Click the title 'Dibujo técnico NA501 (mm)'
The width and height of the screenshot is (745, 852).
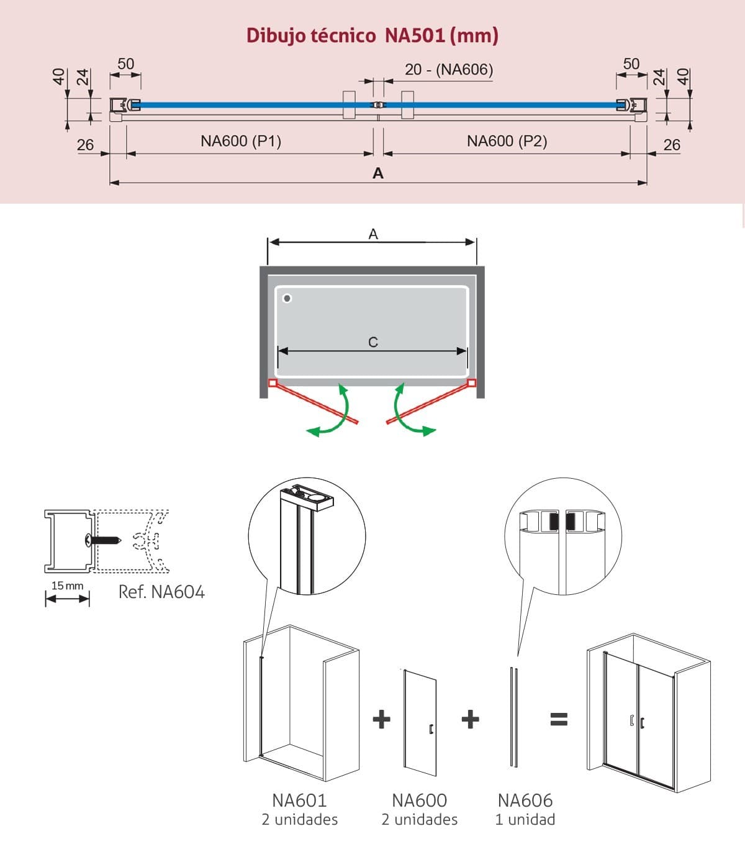(372, 36)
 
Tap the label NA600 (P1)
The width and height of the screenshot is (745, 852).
(241, 141)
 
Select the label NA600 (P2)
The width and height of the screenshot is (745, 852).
(507, 141)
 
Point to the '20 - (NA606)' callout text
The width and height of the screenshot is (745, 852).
(449, 70)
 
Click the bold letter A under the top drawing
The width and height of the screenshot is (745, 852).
(378, 173)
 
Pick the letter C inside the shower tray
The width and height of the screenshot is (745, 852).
(373, 342)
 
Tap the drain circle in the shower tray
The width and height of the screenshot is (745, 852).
(287, 298)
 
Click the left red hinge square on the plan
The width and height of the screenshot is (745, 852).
(273, 383)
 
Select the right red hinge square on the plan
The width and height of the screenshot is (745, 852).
(472, 383)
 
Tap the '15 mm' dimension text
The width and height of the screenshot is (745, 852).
(68, 586)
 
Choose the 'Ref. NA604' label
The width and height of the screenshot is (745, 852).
(161, 592)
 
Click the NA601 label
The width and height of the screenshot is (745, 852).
(299, 800)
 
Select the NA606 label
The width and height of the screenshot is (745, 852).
(525, 800)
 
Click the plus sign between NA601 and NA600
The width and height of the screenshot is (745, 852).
(382, 720)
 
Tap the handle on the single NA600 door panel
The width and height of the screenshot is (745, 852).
(431, 729)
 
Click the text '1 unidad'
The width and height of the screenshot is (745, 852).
(525, 820)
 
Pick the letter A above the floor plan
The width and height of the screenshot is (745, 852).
(373, 234)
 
